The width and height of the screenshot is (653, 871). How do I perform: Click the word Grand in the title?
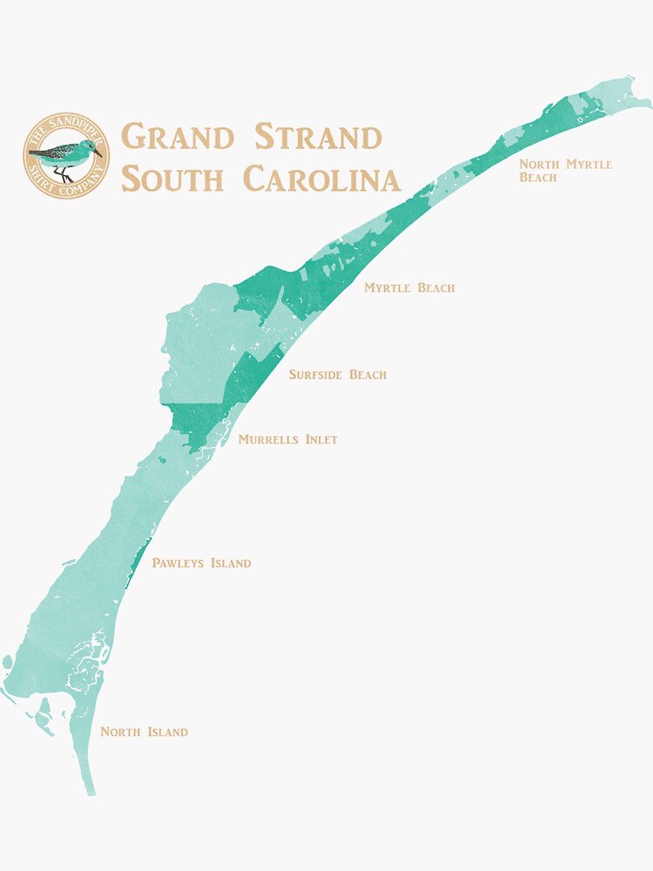(x=178, y=138)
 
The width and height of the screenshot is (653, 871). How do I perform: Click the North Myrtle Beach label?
(x=565, y=170)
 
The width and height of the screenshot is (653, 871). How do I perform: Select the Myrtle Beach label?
(x=409, y=287)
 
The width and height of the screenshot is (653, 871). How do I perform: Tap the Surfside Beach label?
(x=338, y=375)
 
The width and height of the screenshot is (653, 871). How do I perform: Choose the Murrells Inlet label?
(x=287, y=440)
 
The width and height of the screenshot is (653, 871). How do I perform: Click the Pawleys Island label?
(x=201, y=564)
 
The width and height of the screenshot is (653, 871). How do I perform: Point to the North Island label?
(x=144, y=732)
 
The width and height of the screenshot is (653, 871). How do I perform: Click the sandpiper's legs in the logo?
(x=63, y=174)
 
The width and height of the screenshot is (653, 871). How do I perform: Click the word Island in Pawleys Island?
(x=231, y=564)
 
